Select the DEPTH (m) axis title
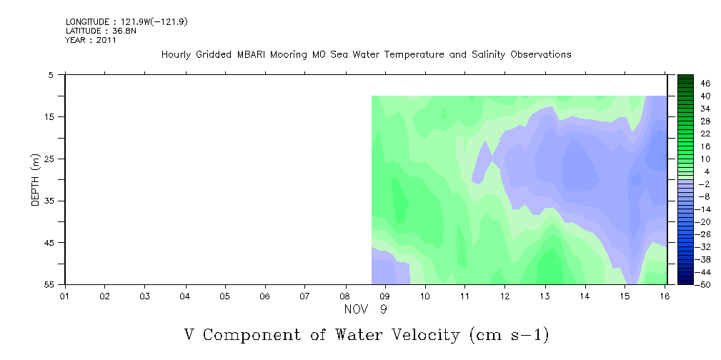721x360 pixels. tap(36, 180)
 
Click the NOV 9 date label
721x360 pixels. tap(366, 309)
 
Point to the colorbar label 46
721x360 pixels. tap(705, 84)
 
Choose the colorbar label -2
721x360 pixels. tap(705, 184)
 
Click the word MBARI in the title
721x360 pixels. tap(252, 55)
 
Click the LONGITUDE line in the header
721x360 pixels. tap(126, 21)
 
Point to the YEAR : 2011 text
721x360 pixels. tap(91, 40)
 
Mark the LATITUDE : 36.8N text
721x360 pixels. tap(101, 31)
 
